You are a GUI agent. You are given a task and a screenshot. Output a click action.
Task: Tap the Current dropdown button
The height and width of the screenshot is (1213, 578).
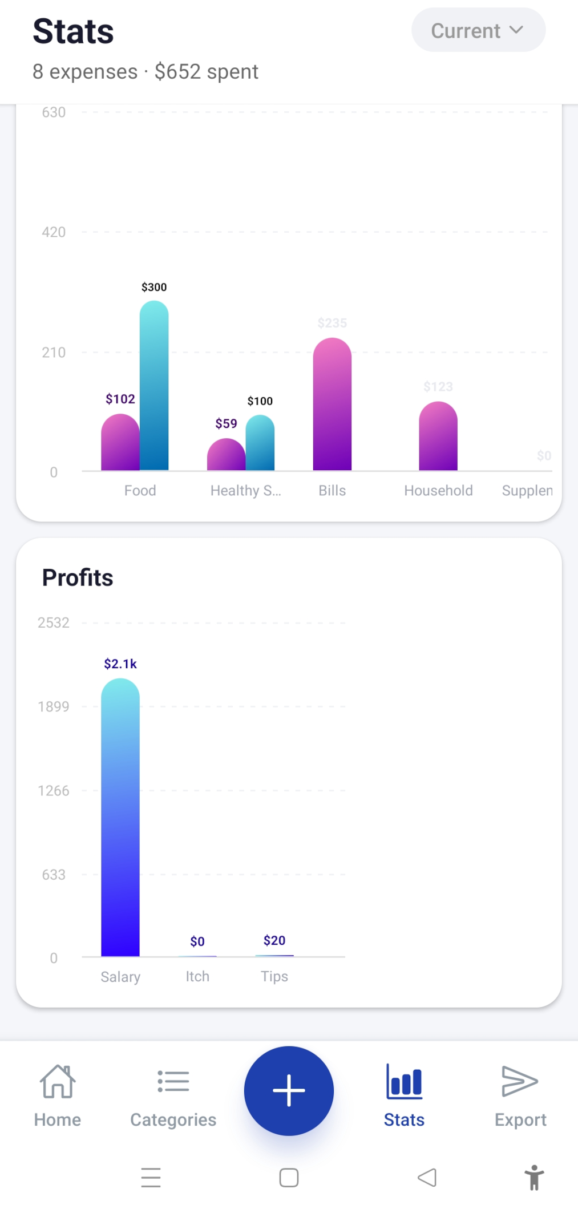pyautogui.click(x=478, y=30)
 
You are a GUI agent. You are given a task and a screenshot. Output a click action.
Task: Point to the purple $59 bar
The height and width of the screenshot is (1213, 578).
pyautogui.click(x=226, y=455)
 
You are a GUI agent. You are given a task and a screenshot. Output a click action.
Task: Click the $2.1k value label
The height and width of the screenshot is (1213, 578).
pyautogui.click(x=120, y=664)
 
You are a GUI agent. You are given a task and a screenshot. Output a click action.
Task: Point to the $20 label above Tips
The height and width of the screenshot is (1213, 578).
pyautogui.click(x=274, y=940)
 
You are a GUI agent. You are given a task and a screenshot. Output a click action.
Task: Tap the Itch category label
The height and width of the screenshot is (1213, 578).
pyautogui.click(x=197, y=976)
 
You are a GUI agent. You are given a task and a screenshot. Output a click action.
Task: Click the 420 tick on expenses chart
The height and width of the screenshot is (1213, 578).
pyautogui.click(x=54, y=232)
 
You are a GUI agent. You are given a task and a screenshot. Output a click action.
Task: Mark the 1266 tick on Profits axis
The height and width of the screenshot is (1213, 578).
pyautogui.click(x=54, y=791)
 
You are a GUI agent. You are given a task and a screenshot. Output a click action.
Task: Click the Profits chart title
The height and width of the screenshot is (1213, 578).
pyautogui.click(x=78, y=577)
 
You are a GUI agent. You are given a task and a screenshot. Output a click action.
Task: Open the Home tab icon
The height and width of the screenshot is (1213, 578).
pyautogui.click(x=58, y=1082)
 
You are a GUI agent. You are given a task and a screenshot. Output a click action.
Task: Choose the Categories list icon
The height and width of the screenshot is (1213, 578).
pyautogui.click(x=173, y=1082)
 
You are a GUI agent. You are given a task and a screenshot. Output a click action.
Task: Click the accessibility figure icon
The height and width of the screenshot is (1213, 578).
pyautogui.click(x=534, y=1178)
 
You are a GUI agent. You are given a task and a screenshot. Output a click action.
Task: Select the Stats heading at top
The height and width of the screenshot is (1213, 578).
pyautogui.click(x=74, y=31)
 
